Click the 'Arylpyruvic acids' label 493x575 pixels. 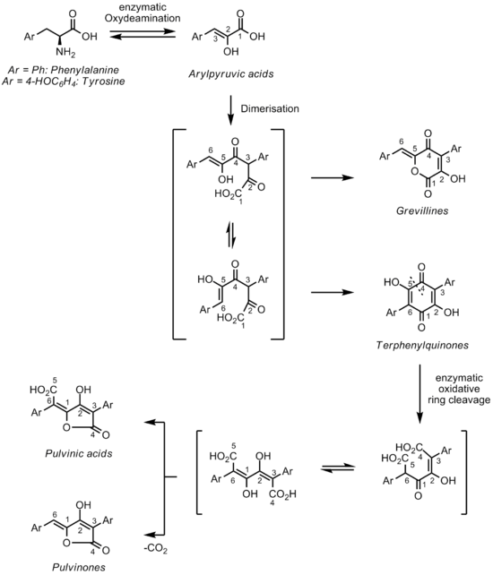tap(231, 74)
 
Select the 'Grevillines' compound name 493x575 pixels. tap(422, 210)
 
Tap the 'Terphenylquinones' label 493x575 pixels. tap(422, 345)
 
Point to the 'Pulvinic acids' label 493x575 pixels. tap(79, 453)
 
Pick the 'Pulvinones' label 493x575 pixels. tap(79, 567)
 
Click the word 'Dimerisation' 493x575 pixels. tap(270, 108)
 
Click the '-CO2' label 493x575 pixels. tap(156, 549)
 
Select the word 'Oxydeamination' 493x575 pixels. tap(143, 18)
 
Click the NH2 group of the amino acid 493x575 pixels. tap(65, 53)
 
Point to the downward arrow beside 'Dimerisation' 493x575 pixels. tap(230, 110)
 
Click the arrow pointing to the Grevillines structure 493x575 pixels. tap(333, 178)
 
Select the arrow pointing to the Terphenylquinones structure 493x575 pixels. tap(333, 292)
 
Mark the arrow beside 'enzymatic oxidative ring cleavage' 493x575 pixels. tap(420, 394)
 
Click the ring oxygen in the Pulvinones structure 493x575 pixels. tap(66, 543)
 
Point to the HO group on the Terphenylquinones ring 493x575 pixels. tap(392, 282)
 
